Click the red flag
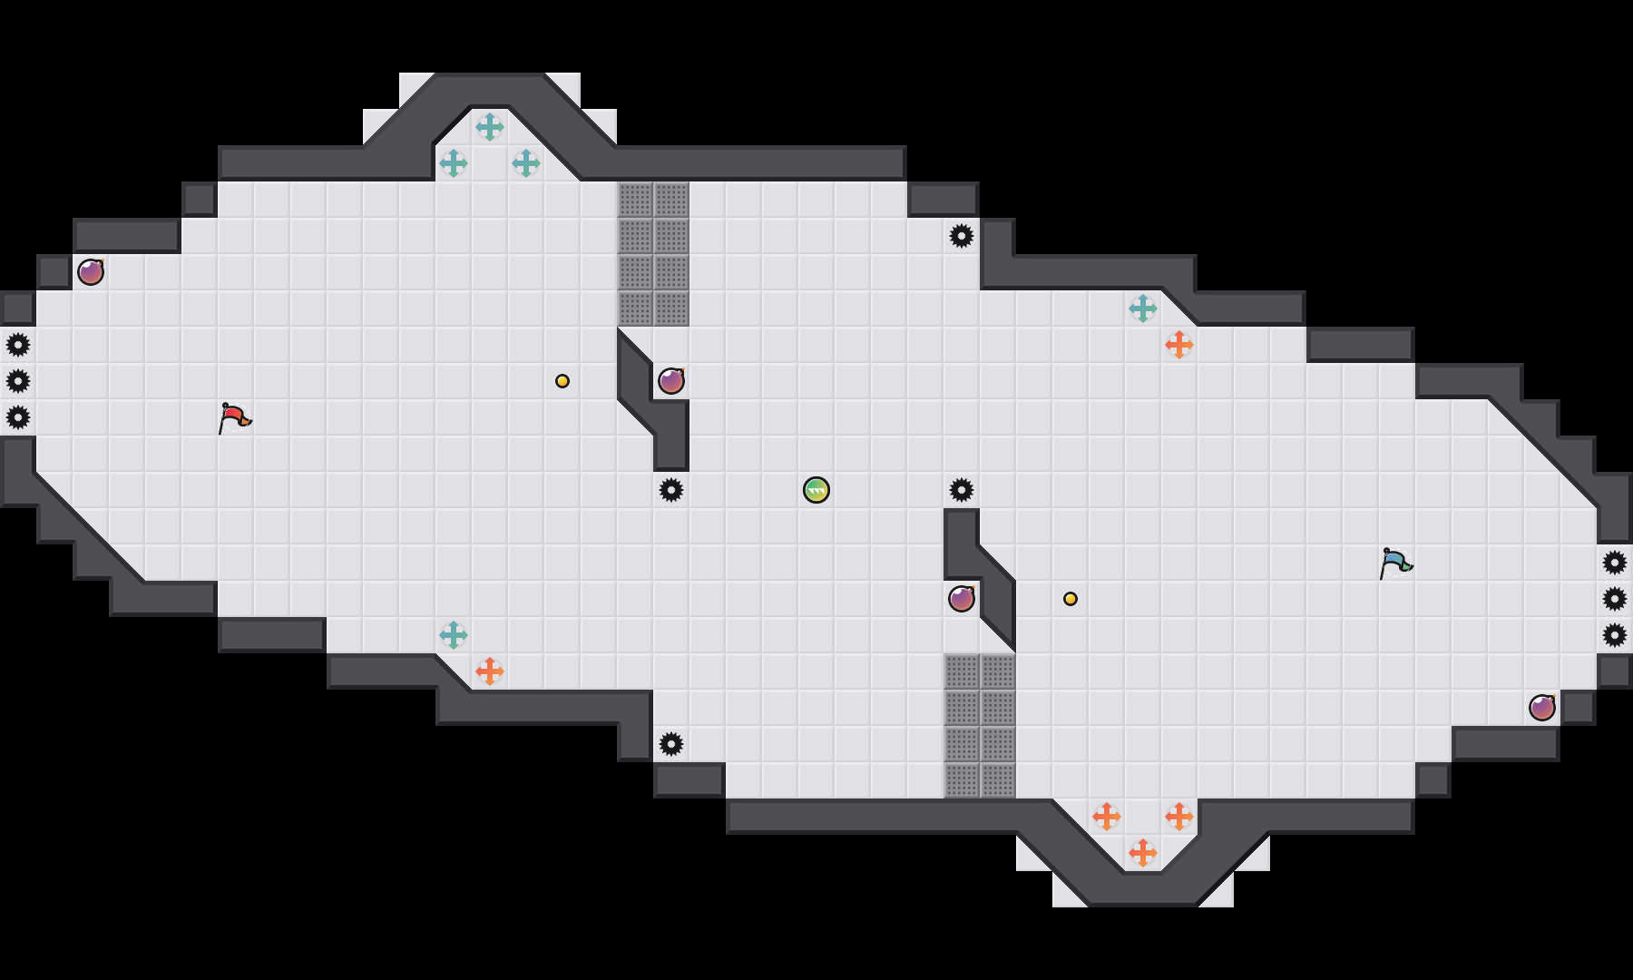[234, 417]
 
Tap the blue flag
[1395, 563]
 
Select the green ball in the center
[816, 490]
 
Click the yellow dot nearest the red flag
[562, 381]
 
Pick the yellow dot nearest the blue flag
[1071, 599]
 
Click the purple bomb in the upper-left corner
[91, 272]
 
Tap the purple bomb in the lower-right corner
[1542, 708]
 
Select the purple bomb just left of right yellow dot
[962, 599]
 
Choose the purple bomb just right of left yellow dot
[671, 381]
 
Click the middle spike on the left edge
[18, 381]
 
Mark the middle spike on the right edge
[1615, 599]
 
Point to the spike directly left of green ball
[671, 490]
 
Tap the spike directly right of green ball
[962, 490]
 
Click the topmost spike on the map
[962, 236]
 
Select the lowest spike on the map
[671, 744]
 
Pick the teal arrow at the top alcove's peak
[490, 127]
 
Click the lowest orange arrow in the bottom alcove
[1143, 853]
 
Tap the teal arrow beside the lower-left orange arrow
[454, 635]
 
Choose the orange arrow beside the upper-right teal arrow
[1179, 345]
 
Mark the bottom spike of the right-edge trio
[1615, 635]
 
